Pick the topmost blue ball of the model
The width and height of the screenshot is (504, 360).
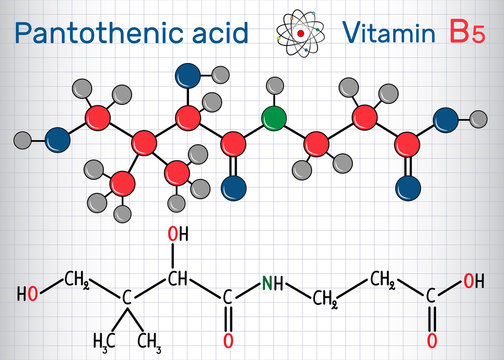pyautogui.click(x=185, y=74)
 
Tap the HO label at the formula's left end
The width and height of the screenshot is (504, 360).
pyautogui.click(x=30, y=296)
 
